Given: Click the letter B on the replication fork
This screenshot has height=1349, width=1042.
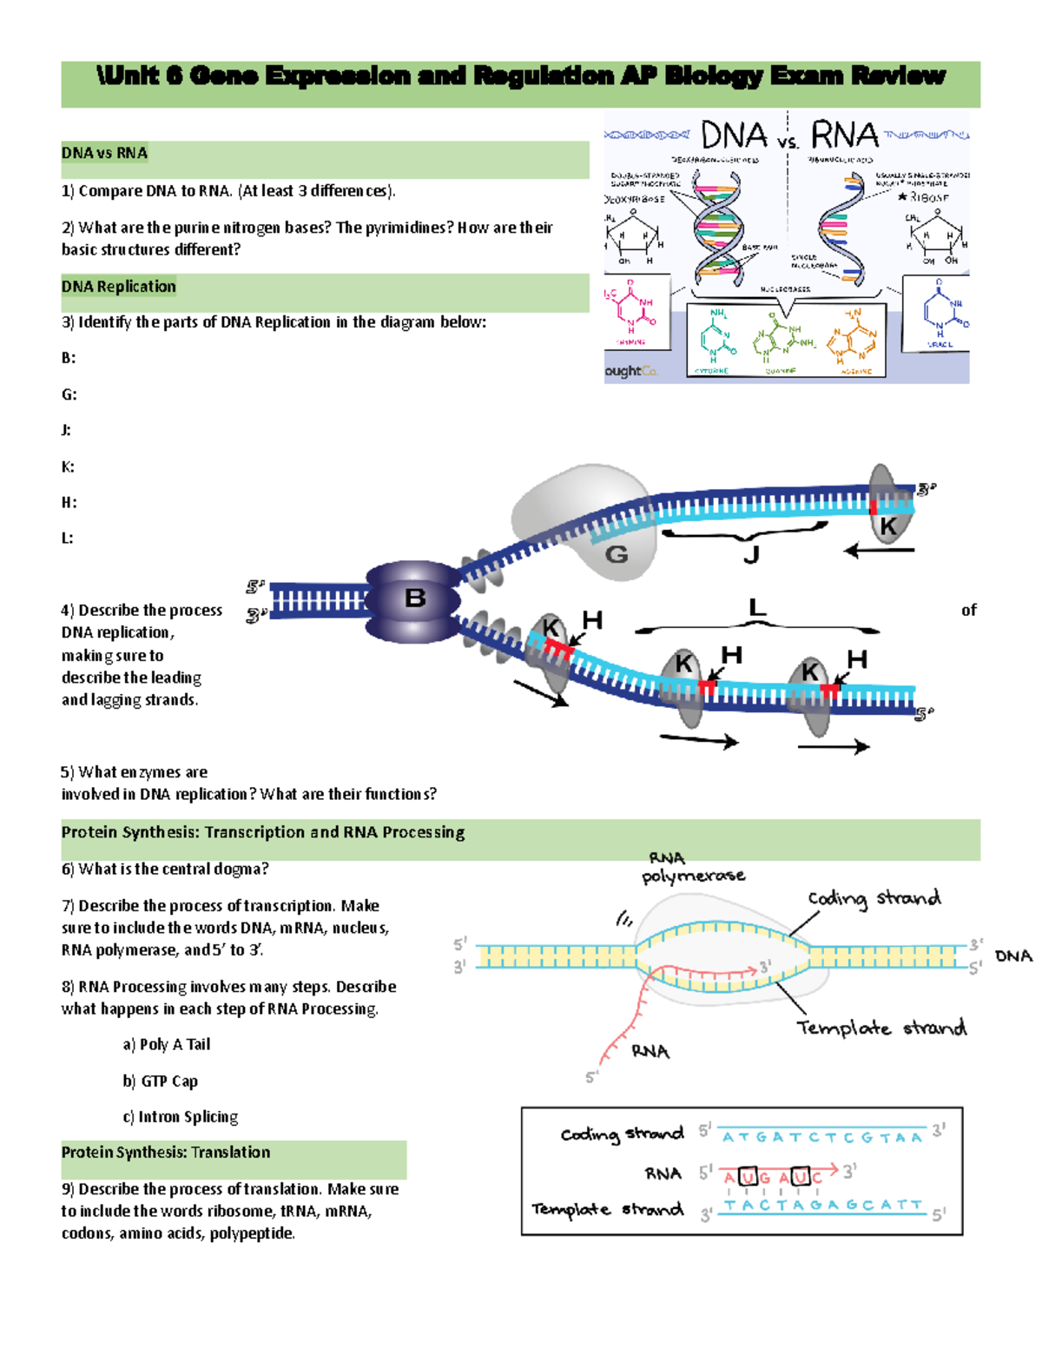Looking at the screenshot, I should point(415,598).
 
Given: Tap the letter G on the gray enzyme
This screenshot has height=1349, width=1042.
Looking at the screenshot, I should point(616,554).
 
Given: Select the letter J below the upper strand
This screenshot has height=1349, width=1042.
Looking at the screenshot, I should point(752,555).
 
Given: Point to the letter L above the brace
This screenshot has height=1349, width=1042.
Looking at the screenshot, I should point(757,607).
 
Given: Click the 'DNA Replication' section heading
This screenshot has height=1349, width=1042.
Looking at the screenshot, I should point(118,287).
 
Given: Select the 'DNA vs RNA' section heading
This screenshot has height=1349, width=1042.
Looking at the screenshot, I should point(104,153).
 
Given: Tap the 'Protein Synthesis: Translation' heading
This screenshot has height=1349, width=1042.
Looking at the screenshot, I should point(165,1153).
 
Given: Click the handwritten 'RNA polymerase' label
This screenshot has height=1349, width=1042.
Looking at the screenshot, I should point(692,868).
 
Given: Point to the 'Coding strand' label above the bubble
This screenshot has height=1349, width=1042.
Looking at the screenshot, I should point(874,898).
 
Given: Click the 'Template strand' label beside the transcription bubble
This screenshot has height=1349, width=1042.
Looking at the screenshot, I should point(880,1028).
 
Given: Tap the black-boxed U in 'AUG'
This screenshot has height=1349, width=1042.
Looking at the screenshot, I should point(748,1177).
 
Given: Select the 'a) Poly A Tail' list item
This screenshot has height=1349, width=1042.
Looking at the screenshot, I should point(166,1045).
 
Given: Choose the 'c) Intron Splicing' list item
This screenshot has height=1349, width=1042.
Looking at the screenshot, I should point(180,1117).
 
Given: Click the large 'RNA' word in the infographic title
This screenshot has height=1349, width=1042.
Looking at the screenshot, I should point(844,136).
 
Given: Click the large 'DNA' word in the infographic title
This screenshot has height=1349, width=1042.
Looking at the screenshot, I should point(734,136).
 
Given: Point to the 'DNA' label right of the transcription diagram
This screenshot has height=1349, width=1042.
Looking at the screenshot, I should point(1013,956).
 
